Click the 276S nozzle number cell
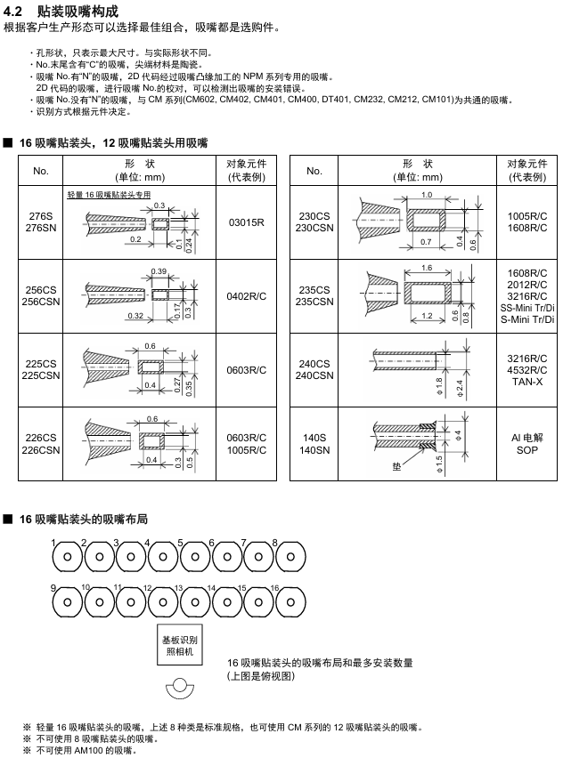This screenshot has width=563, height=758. coord(41,222)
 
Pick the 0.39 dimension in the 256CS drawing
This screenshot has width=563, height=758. coord(159,270)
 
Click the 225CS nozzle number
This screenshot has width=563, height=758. coord(41,369)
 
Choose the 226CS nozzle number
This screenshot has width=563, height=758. coord(41,443)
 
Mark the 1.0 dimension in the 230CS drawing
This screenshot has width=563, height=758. coord(427,194)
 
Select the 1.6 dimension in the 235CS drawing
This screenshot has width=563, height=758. coord(427,268)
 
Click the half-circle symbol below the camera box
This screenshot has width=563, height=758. coord(180,689)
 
